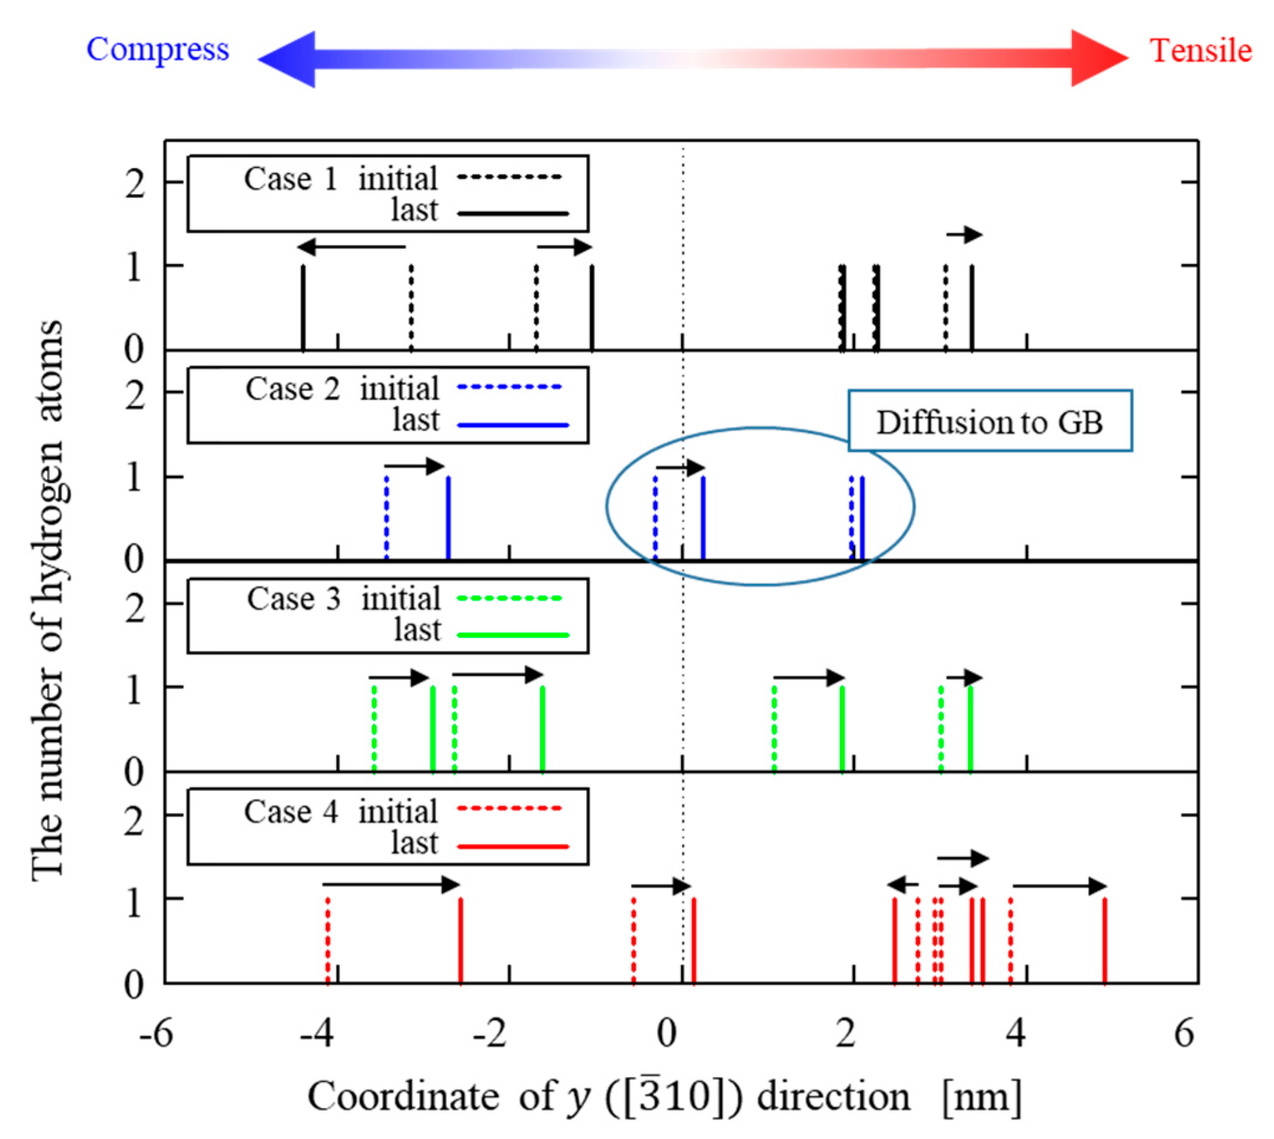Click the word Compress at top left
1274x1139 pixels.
[x=157, y=50]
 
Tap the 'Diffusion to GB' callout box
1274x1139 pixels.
[x=989, y=421]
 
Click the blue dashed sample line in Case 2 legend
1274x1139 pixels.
[x=510, y=388]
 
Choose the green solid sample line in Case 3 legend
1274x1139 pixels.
[x=513, y=635]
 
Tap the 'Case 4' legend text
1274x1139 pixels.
[x=291, y=812]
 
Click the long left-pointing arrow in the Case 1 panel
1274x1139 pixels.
[x=351, y=247]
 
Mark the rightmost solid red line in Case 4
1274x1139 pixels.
[x=1104, y=940]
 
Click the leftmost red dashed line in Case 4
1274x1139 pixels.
[x=327, y=940]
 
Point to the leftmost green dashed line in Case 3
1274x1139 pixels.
[x=374, y=729]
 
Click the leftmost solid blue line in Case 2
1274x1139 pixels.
[x=448, y=518]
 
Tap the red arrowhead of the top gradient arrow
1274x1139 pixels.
[x=1099, y=57]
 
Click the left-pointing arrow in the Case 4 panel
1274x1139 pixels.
[x=903, y=885]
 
